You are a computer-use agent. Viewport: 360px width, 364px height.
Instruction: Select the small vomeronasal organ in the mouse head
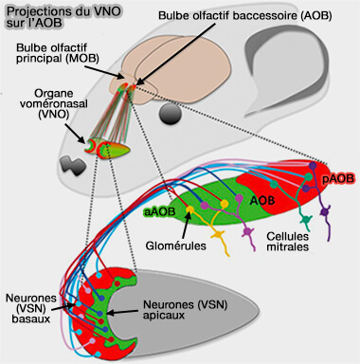99,147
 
